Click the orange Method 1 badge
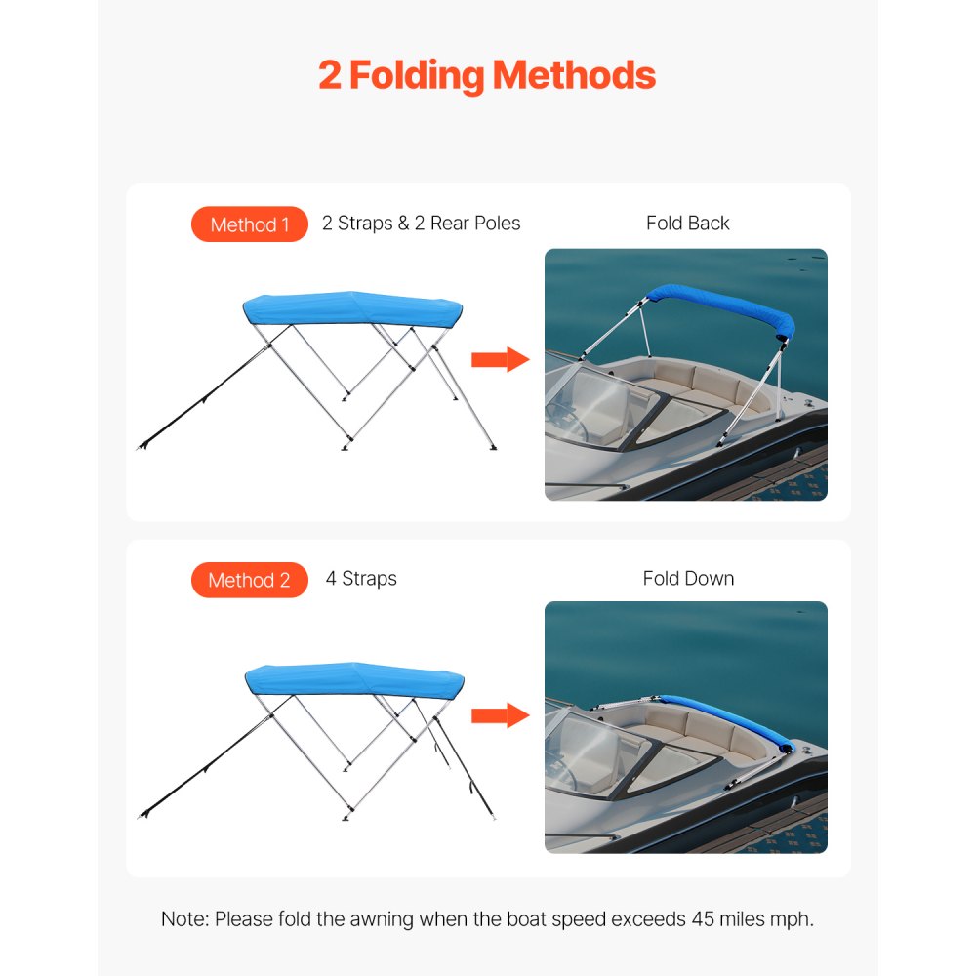(250, 224)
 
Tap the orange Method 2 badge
(250, 580)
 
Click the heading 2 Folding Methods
(487, 75)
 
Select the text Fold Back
(687, 224)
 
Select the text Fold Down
(688, 579)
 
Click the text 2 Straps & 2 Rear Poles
(421, 224)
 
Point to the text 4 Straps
(361, 579)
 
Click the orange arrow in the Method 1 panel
(499, 360)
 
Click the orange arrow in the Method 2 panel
(499, 715)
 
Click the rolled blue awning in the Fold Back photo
(722, 305)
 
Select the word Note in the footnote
(183, 919)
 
